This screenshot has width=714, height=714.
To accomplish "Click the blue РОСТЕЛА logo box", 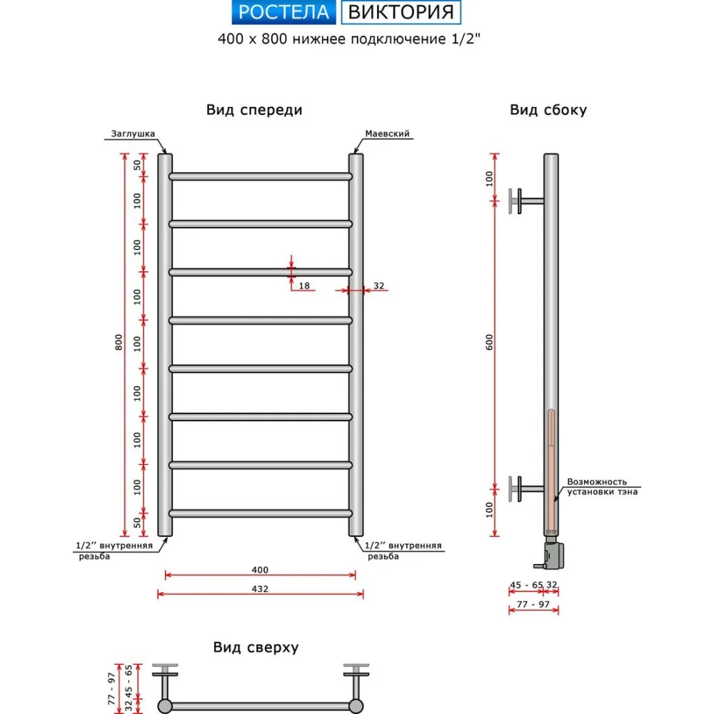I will click(283, 12).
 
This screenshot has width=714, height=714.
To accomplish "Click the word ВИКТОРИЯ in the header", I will click(401, 12).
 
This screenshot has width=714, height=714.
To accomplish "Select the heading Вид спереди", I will click(254, 110).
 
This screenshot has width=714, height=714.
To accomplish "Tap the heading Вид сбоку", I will click(548, 110).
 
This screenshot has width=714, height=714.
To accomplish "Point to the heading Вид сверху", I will click(256, 648).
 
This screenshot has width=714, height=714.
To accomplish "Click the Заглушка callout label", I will click(133, 134).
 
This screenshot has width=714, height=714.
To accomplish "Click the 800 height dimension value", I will click(119, 343).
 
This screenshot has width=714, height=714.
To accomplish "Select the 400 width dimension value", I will click(260, 570).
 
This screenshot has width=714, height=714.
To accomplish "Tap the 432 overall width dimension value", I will click(260, 589).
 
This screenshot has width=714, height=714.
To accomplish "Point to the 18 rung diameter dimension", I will click(304, 286).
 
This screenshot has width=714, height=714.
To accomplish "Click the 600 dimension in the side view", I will click(490, 343).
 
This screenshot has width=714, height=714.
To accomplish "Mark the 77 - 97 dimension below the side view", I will click(533, 604).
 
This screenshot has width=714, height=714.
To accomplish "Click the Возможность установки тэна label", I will click(602, 486).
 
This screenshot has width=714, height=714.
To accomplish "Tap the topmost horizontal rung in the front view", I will click(261, 176).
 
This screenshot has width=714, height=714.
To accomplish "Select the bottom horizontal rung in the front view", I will click(261, 513).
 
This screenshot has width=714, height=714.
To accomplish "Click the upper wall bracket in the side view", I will click(525, 201).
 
